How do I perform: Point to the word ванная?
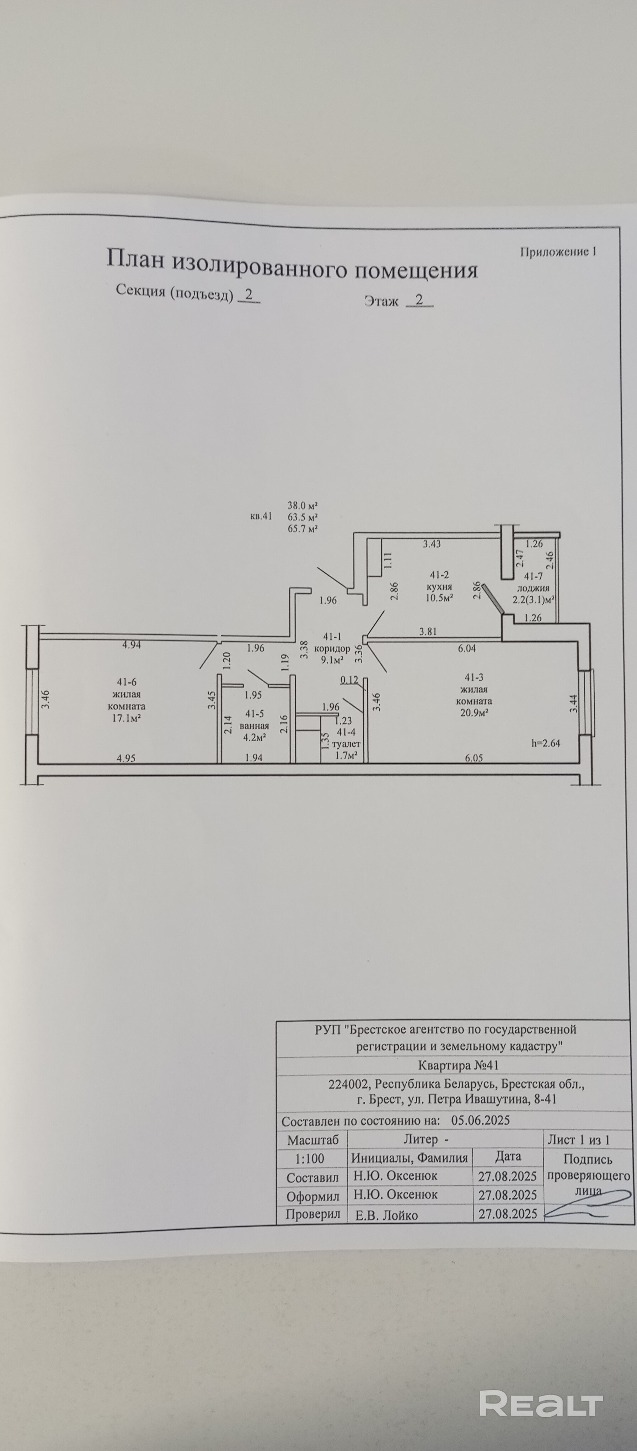coord(255,726)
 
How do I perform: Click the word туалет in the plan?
coord(346,744)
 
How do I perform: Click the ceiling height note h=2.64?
coord(546,743)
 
